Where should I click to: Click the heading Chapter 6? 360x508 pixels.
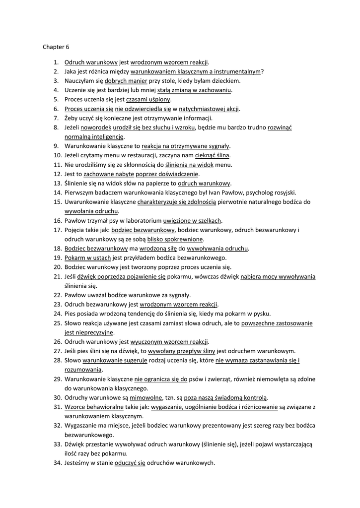56,48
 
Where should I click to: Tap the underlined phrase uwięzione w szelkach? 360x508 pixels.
192,220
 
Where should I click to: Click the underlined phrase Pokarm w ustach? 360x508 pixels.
88,257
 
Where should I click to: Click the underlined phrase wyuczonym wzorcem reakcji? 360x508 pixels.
169,341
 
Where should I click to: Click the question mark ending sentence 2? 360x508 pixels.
262,71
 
